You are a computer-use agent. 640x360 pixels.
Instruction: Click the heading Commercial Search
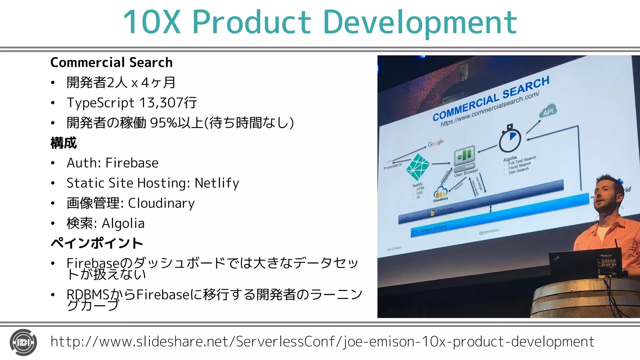pyautogui.click(x=111, y=62)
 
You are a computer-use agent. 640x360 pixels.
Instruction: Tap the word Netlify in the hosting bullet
pyautogui.click(x=217, y=183)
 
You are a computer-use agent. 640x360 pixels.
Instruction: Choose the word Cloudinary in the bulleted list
pyautogui.click(x=161, y=203)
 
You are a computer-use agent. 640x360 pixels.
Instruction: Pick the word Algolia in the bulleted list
pyautogui.click(x=123, y=223)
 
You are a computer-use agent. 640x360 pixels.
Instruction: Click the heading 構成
pyautogui.click(x=63, y=143)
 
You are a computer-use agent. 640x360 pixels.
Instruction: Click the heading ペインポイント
pyautogui.click(x=97, y=243)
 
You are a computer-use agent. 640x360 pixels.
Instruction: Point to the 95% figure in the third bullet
pyautogui.click(x=163, y=123)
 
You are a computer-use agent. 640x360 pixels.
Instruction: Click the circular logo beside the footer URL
pyautogui.click(x=23, y=342)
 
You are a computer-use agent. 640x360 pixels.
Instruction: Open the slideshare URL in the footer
pyautogui.click(x=322, y=342)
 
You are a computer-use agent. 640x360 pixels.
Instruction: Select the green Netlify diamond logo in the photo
pyautogui.click(x=417, y=167)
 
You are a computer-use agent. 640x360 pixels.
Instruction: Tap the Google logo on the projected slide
pyautogui.click(x=436, y=143)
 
